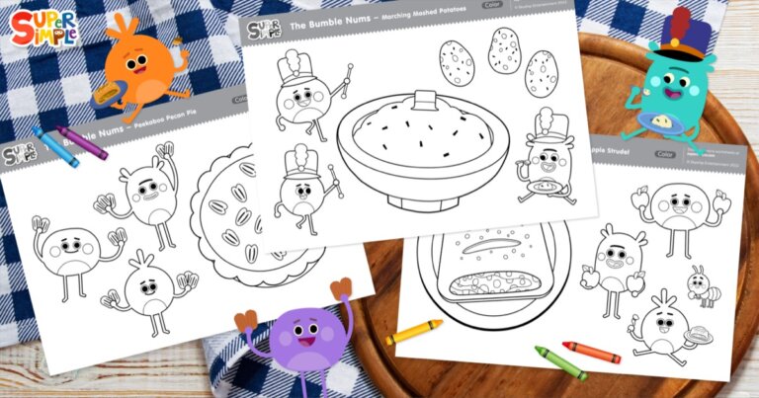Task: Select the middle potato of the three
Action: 503,50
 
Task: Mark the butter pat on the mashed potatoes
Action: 426,100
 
